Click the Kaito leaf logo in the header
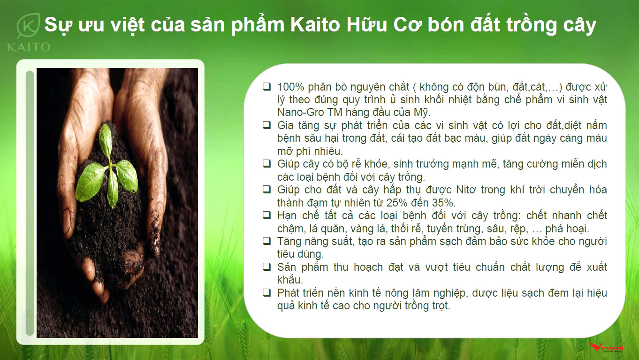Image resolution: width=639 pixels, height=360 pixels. pyautogui.click(x=28, y=25)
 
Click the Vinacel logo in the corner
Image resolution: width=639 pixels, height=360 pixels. pyautogui.click(x=607, y=347)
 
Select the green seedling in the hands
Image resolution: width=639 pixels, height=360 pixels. pyautogui.click(x=106, y=168)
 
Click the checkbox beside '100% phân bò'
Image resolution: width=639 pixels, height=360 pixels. pyautogui.click(x=267, y=86)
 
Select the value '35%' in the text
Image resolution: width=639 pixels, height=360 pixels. pyautogui.click(x=442, y=203)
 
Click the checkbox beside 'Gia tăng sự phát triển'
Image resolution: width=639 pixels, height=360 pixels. pyautogui.click(x=267, y=125)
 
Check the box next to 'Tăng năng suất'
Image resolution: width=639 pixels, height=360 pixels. pyautogui.click(x=267, y=241)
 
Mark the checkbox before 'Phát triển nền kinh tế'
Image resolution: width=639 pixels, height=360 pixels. pyautogui.click(x=267, y=292)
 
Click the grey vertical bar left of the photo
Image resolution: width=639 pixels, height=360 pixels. pyautogui.click(x=30, y=203)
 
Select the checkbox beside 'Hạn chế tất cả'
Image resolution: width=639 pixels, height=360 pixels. pyautogui.click(x=267, y=215)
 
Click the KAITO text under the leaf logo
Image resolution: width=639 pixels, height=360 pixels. pyautogui.click(x=29, y=47)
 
